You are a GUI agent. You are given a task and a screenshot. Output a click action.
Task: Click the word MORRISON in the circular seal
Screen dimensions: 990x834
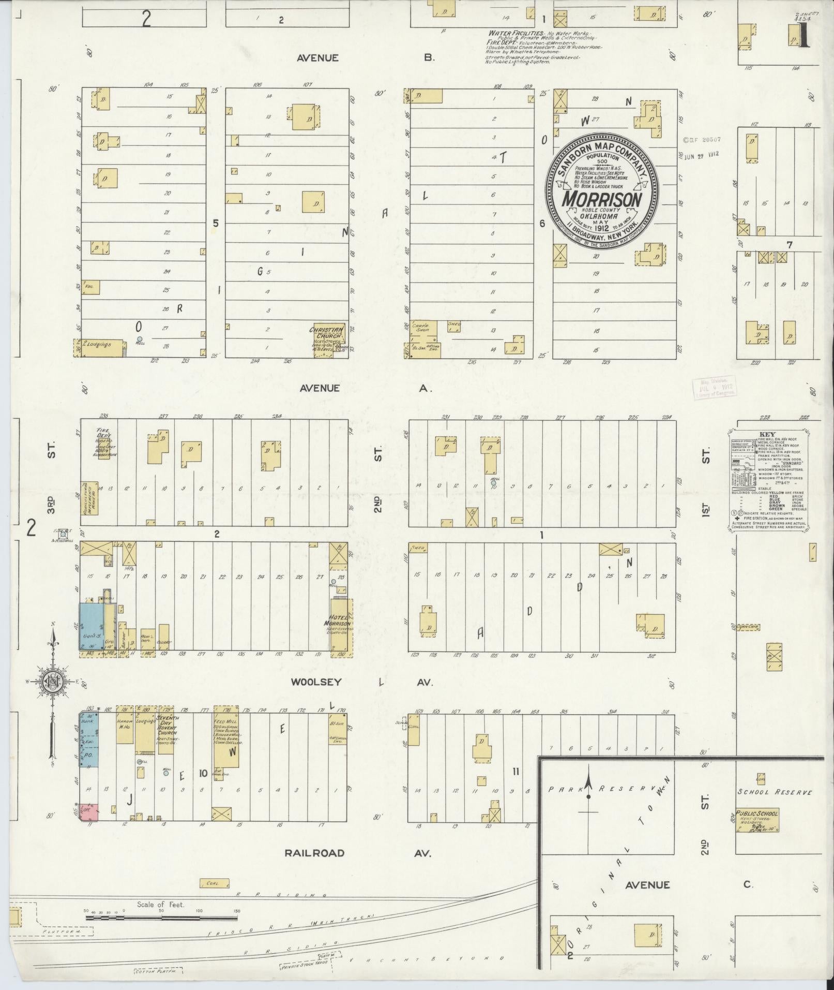[602, 199]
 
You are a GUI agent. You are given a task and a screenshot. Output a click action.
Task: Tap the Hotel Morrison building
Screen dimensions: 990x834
[341, 624]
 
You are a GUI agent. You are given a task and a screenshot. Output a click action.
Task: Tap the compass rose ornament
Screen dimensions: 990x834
[52, 682]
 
